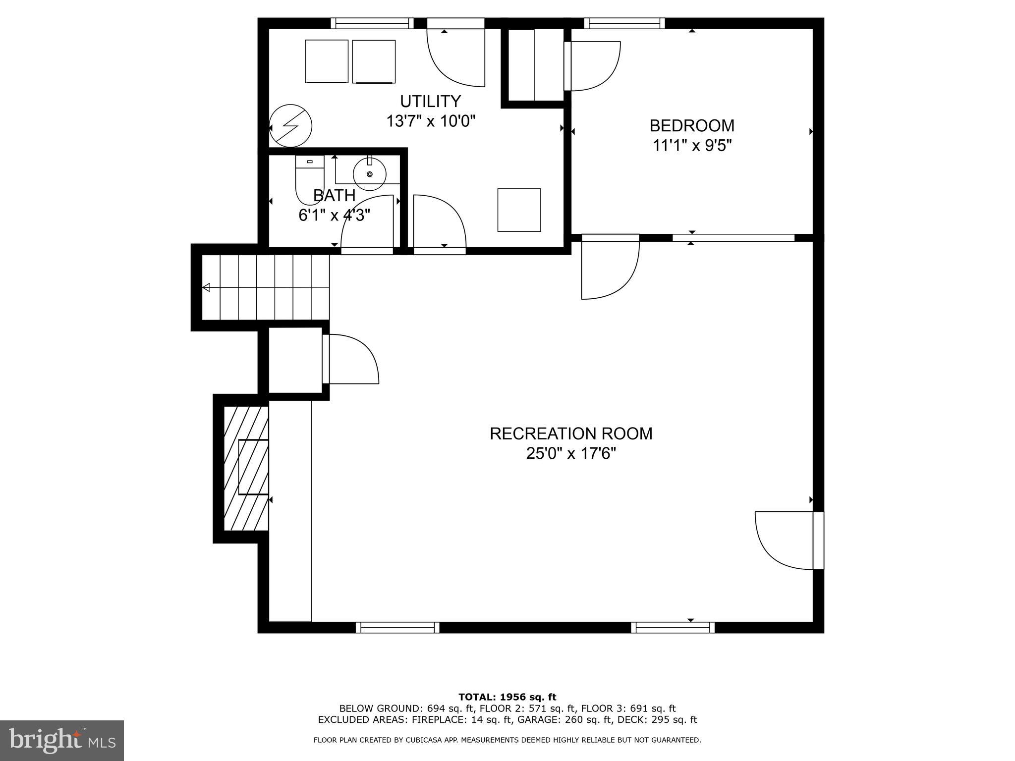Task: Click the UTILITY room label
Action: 430,102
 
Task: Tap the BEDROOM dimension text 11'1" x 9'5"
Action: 692,146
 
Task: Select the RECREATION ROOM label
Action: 571,434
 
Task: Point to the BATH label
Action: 335,196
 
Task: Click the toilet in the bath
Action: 309,178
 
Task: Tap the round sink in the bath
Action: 370,174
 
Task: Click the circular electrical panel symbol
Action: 291,126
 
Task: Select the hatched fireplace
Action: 246,468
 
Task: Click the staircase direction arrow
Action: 206,287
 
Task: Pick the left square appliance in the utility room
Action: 327,61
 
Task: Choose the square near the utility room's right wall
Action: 519,210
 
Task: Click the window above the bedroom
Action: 624,23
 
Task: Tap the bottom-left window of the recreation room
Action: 397,628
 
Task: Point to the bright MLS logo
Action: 62,740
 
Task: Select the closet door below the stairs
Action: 350,359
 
